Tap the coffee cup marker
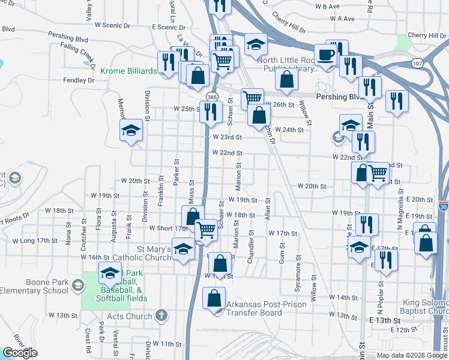click(325, 54)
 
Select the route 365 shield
click(211, 97)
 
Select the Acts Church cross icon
click(160, 315)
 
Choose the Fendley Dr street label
click(79, 80)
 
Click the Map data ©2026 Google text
click(411, 355)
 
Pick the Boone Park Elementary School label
click(34, 286)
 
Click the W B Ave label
click(327, 7)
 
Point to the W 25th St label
click(186, 109)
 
